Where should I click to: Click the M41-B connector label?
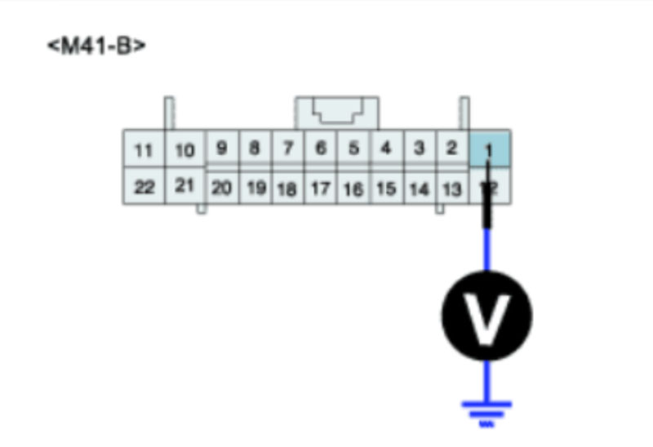click(96, 46)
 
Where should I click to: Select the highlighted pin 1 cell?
click(490, 148)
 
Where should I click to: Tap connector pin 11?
click(144, 150)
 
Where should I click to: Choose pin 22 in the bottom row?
click(144, 188)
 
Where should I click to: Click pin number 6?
click(321, 148)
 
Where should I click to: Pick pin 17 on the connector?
click(321, 188)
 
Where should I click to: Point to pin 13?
click(451, 188)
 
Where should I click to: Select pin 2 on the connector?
click(451, 148)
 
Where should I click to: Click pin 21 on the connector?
click(185, 186)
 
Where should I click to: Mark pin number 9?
click(221, 148)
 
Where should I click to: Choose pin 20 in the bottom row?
click(221, 188)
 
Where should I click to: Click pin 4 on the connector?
click(386, 148)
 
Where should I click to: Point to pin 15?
click(386, 188)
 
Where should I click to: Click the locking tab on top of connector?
click(337, 112)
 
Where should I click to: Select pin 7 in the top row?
click(287, 148)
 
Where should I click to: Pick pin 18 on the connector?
click(287, 188)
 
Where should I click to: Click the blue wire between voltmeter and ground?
click(486, 379)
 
